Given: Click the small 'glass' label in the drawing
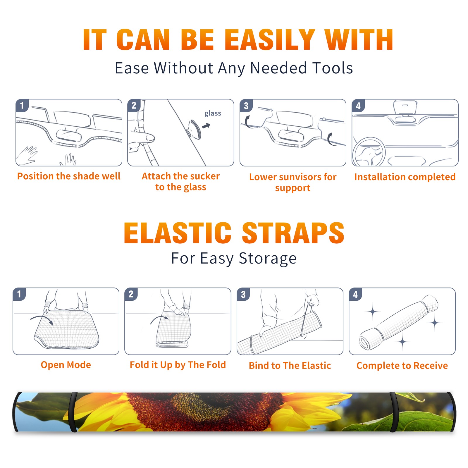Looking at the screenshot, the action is [x=213, y=113].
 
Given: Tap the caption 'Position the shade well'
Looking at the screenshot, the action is [x=69, y=176].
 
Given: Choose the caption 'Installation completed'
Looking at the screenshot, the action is [x=405, y=177].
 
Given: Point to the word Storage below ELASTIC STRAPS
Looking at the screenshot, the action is [x=268, y=259].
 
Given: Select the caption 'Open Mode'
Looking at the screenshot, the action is [x=66, y=365].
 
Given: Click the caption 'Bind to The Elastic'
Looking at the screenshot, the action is [x=290, y=366].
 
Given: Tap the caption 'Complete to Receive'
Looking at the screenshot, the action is [x=402, y=366].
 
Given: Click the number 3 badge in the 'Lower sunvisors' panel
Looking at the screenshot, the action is [x=246, y=106].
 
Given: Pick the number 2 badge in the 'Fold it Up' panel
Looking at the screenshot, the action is [x=131, y=294].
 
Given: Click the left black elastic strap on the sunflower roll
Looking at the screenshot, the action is [x=73, y=412].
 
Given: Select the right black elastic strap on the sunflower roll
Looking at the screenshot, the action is [x=394, y=412].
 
